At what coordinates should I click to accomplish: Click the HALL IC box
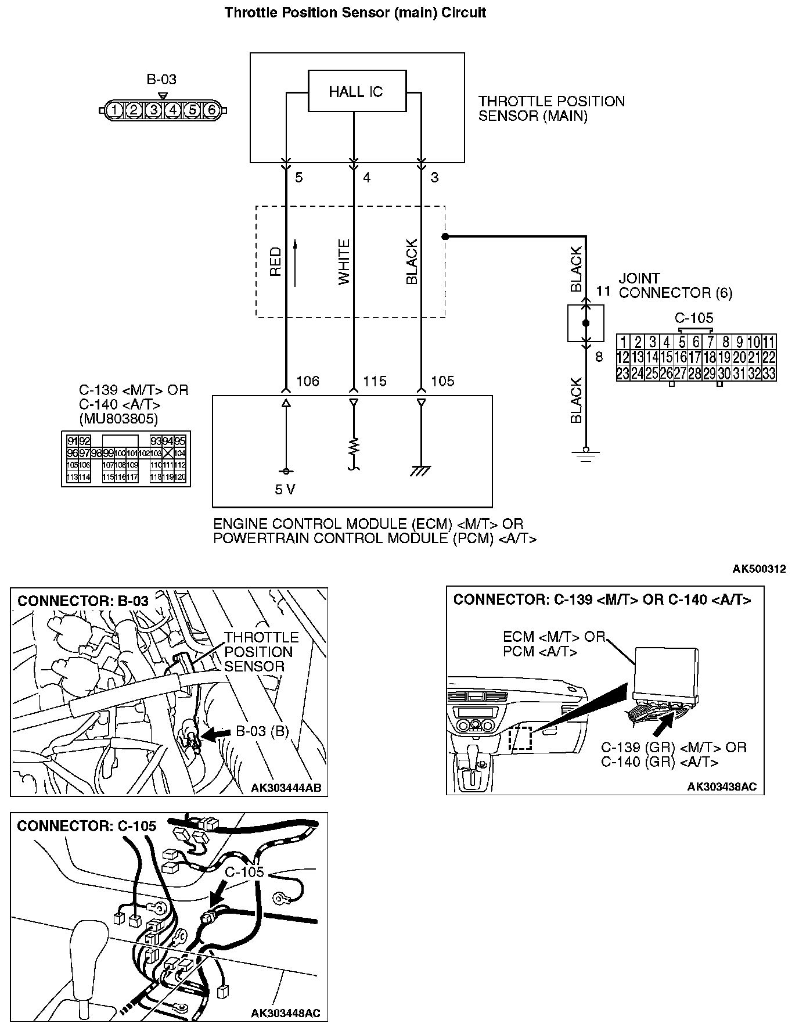click(x=357, y=91)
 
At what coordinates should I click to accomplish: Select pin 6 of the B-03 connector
click(x=211, y=109)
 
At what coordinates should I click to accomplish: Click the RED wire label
click(x=275, y=261)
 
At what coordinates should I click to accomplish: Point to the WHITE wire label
click(x=344, y=261)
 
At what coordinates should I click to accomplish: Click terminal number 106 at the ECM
click(x=308, y=382)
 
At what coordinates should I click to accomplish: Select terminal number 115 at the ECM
click(x=375, y=382)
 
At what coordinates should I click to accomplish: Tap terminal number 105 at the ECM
click(x=442, y=382)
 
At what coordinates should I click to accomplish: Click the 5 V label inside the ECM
click(x=285, y=490)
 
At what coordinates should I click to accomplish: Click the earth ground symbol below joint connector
click(x=586, y=454)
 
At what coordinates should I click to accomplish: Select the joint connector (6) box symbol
click(x=585, y=323)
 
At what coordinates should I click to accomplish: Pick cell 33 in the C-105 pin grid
click(x=768, y=373)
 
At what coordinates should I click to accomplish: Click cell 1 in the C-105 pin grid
click(x=623, y=342)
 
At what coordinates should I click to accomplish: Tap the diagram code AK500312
click(x=759, y=569)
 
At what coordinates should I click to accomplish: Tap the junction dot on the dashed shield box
click(x=445, y=236)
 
